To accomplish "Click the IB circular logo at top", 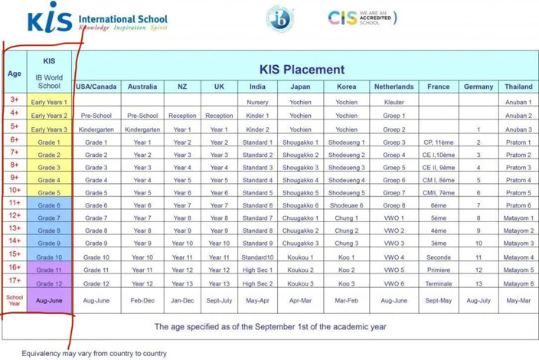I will coord(277,18).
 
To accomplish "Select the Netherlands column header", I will coord(394,87).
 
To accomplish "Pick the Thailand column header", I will coord(518,87).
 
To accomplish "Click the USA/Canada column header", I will coord(96,87).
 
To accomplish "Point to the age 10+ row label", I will coord(15,190).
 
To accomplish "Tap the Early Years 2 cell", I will coord(49,116).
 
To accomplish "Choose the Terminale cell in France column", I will coord(439,283).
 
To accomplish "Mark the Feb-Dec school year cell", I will coord(142,300).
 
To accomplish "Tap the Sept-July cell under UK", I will coord(219,300).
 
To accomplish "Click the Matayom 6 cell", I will coord(518,283).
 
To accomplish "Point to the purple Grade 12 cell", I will coord(49,283).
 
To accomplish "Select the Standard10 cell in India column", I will coord(257,257).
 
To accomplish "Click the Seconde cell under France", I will coord(439,257).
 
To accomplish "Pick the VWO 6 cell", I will coord(394,283).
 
